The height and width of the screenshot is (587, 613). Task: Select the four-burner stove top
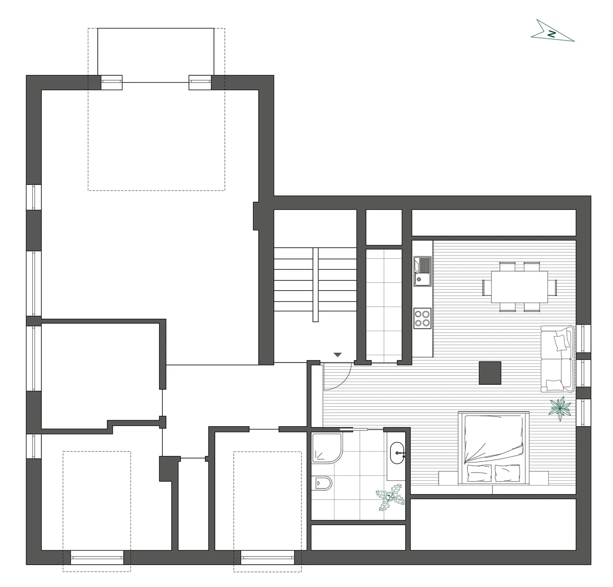click(x=422, y=318)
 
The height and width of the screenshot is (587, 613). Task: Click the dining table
click(x=519, y=287)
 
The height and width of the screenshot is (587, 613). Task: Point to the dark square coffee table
click(x=490, y=373)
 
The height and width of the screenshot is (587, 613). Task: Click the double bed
click(x=493, y=448)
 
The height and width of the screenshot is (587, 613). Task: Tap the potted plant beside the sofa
click(x=560, y=409)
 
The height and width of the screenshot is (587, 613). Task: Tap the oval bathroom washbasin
click(x=397, y=453)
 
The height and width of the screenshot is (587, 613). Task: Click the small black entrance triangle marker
click(x=337, y=355)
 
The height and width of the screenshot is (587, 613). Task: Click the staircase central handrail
click(x=315, y=285)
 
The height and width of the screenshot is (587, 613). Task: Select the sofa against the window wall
click(x=557, y=359)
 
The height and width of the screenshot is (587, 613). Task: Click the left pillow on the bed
click(x=479, y=473)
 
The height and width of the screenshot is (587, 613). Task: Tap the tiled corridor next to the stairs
click(x=384, y=305)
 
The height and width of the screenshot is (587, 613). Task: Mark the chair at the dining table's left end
click(x=485, y=287)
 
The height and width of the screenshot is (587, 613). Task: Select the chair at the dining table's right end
click(x=553, y=287)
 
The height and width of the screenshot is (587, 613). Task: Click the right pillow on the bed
click(x=507, y=473)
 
